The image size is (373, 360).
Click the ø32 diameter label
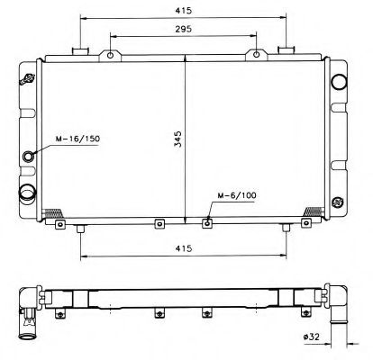313,337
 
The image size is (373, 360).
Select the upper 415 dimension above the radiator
185,11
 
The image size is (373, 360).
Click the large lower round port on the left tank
28,191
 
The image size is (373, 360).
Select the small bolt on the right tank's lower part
339,201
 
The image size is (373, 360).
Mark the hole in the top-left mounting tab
111,56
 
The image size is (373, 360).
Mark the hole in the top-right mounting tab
258,56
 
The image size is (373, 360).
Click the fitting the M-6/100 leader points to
208,222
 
